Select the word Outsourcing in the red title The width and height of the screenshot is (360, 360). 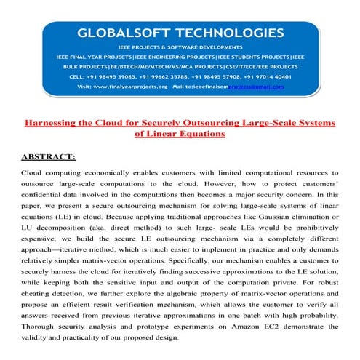coord(214,123)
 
